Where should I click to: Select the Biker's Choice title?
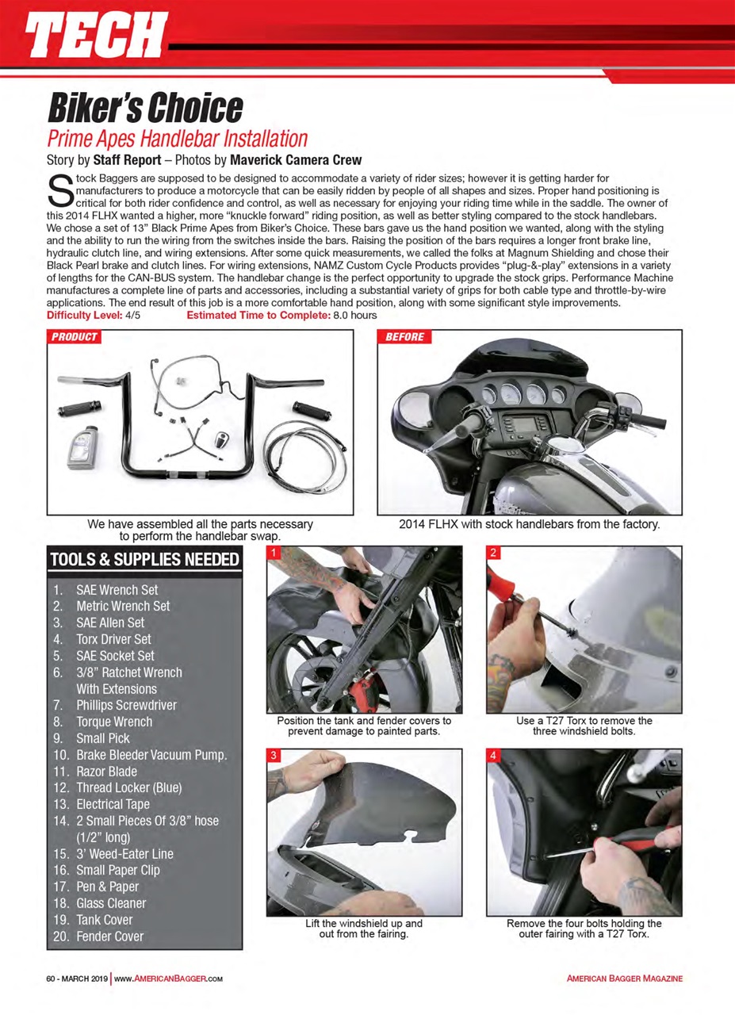click(x=145, y=106)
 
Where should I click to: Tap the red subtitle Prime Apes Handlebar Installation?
click(x=177, y=139)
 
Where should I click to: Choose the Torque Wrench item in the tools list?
click(x=113, y=722)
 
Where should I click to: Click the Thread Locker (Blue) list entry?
click(x=128, y=787)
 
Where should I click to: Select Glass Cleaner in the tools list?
click(x=110, y=903)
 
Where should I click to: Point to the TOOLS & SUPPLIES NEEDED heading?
click(x=144, y=561)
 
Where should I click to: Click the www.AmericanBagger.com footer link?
click(x=167, y=979)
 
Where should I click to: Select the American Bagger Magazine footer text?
click(x=624, y=979)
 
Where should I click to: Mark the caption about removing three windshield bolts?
click(x=583, y=726)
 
